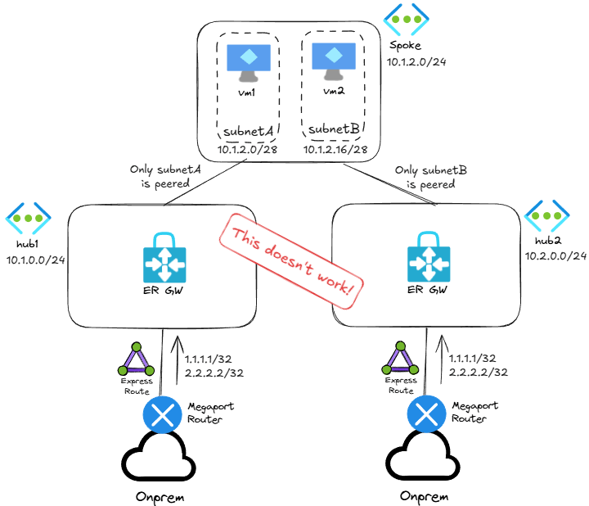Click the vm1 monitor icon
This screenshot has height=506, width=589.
point(248,64)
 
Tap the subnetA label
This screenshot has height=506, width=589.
point(249,132)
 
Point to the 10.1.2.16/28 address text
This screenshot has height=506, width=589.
point(335,151)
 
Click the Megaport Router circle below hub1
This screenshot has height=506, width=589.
point(163,414)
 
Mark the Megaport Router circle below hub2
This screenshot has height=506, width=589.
point(426,414)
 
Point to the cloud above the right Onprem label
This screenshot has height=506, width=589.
point(426,459)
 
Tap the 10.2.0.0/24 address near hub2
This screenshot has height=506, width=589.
point(555,256)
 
